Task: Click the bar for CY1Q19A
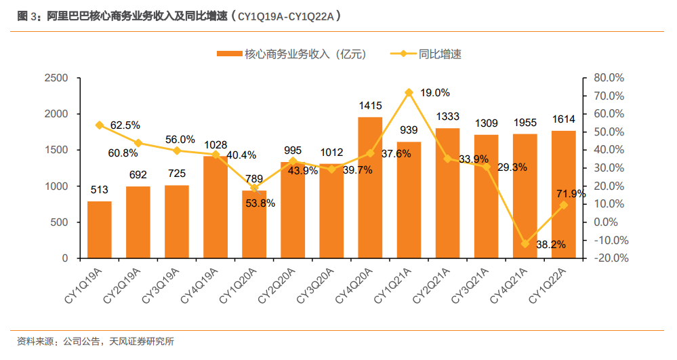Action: coord(99,230)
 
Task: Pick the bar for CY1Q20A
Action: coord(254,224)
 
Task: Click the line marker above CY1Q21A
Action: coord(409,92)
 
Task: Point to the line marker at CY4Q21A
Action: coord(525,243)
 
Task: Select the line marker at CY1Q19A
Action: coord(99,125)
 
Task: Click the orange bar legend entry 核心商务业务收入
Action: coord(291,54)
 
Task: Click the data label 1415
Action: coord(371,106)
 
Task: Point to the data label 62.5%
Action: coord(125,125)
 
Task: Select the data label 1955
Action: coord(525,123)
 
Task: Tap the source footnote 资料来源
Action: coord(96,342)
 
